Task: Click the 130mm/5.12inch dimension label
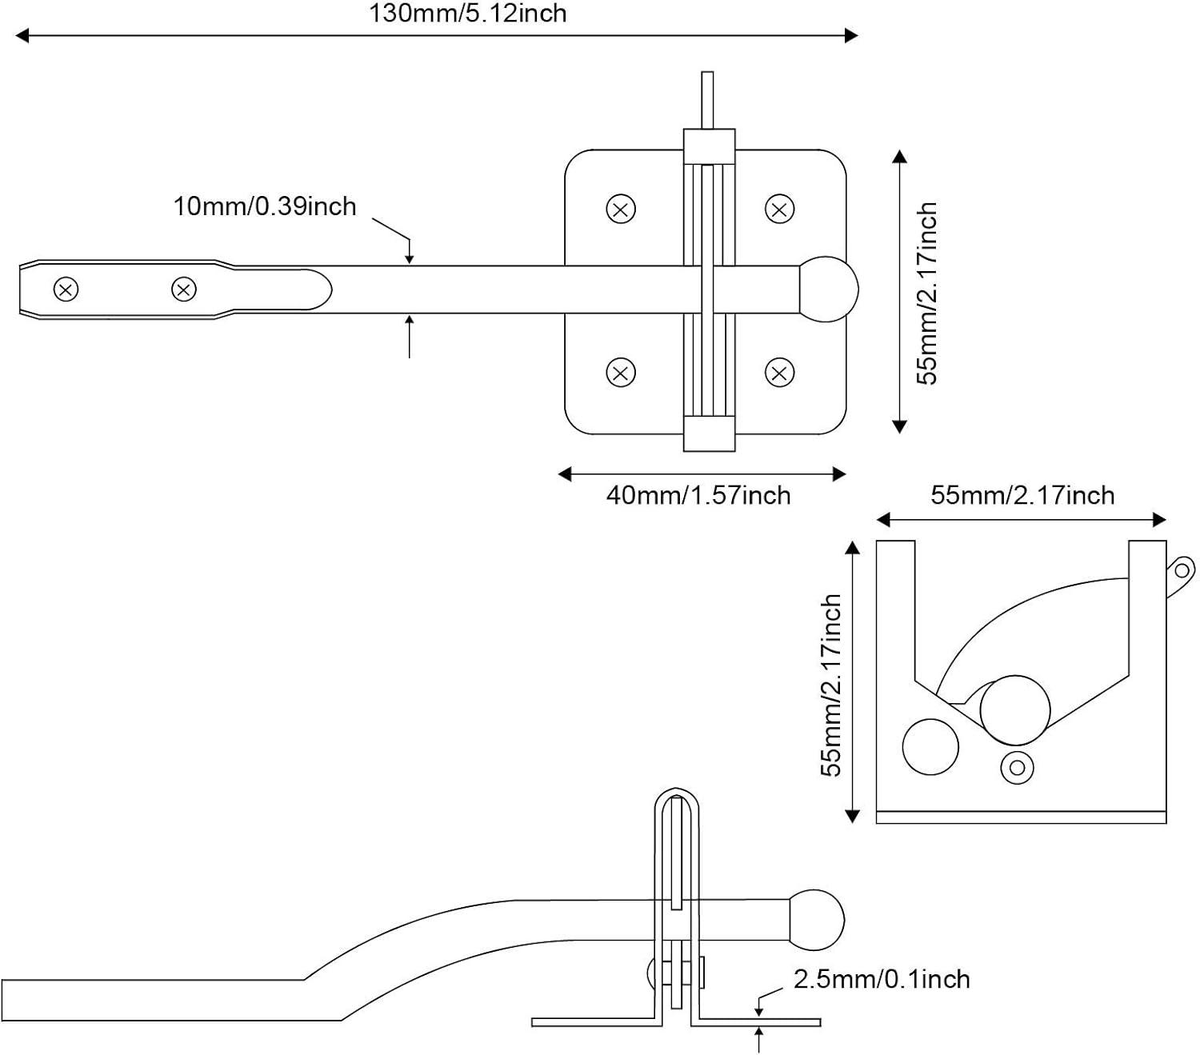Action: pos(467,14)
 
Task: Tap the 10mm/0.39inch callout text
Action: pos(265,206)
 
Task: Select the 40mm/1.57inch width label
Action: pos(698,495)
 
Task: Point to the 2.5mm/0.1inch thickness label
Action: pos(882,979)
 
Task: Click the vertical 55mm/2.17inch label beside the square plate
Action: pos(926,293)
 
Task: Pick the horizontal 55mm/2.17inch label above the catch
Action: pos(1022,495)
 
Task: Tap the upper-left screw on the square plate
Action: pos(621,210)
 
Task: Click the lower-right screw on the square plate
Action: pos(779,372)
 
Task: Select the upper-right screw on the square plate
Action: pos(779,210)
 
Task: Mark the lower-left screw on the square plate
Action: pos(621,372)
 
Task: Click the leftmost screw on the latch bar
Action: pos(66,289)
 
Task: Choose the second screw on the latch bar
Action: pos(184,289)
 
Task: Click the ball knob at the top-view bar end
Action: pos(829,289)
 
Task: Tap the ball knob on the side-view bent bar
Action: pos(817,921)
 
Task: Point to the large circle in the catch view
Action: pos(1014,710)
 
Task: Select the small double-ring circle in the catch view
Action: pos(1017,768)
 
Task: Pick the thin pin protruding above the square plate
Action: pos(707,99)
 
